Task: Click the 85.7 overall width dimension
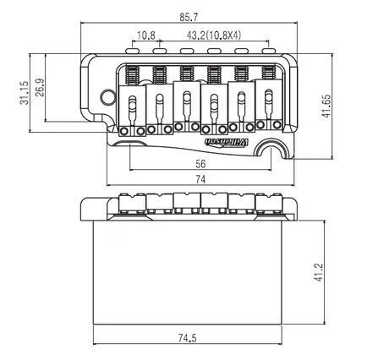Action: (189, 18)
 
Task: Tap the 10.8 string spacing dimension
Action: (145, 35)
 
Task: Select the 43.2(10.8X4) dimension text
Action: (214, 35)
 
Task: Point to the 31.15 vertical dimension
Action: (25, 93)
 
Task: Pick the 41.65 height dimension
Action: (326, 106)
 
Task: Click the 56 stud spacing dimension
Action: (200, 164)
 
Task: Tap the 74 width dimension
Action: (200, 179)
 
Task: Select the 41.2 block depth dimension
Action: (318, 272)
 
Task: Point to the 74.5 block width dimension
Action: (187, 338)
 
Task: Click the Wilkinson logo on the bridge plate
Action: (226, 142)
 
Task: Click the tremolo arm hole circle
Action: (108, 97)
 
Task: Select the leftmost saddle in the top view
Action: (132, 111)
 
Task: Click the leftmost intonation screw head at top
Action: (132, 51)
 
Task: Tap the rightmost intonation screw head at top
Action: (269, 51)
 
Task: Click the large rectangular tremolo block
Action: (188, 272)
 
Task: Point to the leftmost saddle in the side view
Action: (132, 204)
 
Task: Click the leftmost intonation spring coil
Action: (132, 75)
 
